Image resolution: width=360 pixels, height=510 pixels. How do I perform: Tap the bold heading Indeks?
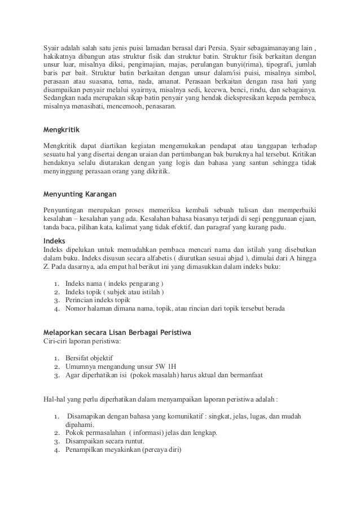[x=54, y=241]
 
